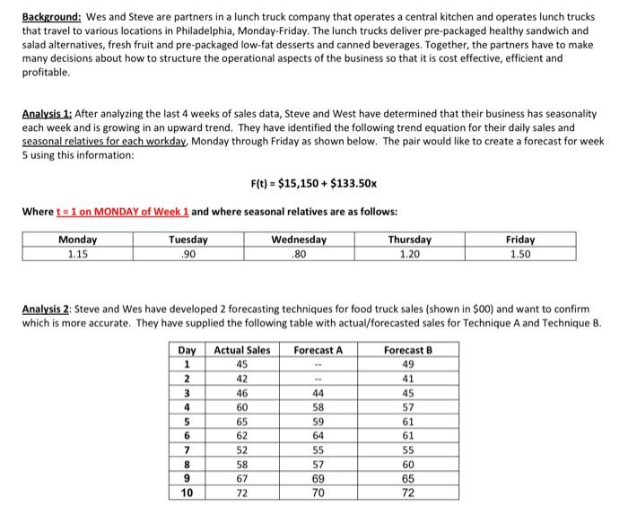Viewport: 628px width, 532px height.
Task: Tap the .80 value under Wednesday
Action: (x=299, y=253)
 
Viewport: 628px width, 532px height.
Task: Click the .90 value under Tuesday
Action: (x=188, y=253)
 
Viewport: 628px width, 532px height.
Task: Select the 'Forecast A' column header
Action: (x=318, y=351)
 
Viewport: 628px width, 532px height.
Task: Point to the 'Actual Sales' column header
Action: (x=241, y=351)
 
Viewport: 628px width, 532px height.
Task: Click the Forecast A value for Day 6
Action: (x=318, y=437)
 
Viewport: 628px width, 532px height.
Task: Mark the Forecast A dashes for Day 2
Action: (x=318, y=379)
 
